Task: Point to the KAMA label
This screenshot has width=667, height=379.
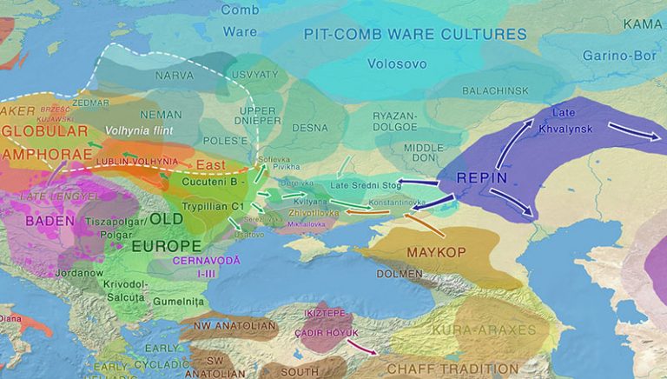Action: (642, 23)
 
